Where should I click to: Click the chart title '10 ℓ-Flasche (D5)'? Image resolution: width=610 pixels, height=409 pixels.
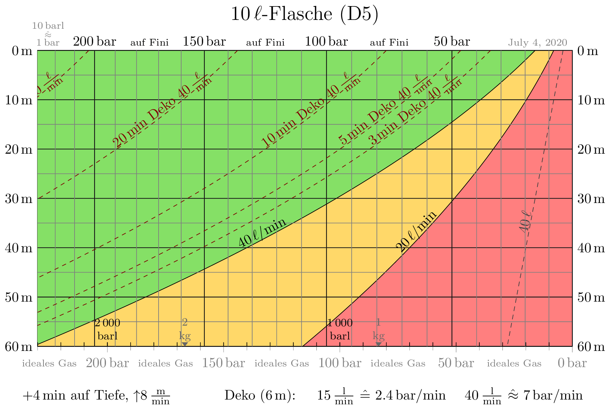coord(304,14)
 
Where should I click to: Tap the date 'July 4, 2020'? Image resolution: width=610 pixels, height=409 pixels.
coord(537,43)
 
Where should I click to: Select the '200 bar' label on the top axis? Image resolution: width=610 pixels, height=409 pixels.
coord(94,42)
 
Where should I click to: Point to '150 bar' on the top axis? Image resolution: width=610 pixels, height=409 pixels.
coord(204,42)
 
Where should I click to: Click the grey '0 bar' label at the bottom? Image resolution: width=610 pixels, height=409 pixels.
coord(572,363)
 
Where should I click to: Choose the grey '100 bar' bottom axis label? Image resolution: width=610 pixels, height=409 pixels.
coord(340,363)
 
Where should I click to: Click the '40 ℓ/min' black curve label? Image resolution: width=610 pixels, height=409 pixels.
coord(262,233)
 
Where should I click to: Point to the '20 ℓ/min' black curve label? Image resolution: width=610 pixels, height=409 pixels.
coord(416,231)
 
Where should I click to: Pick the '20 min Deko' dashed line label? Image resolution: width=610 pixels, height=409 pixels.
coord(144,123)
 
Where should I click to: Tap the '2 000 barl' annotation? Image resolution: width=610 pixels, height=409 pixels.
coord(107,329)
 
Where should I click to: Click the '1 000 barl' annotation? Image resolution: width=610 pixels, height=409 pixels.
coord(340,329)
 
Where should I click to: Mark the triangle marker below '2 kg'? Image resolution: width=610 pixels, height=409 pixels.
coord(185,344)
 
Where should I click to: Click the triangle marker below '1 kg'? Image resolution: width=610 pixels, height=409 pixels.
coord(379,344)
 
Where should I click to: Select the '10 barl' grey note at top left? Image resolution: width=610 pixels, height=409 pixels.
coord(48,26)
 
